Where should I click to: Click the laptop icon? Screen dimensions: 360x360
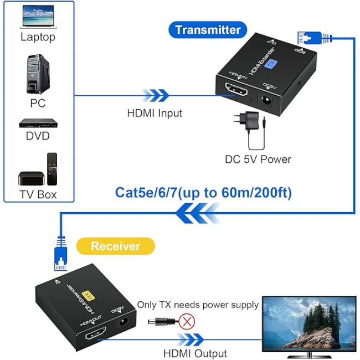coord(38,17)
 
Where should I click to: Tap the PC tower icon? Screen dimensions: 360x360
coord(37,73)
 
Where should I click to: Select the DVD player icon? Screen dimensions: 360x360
coord(38,123)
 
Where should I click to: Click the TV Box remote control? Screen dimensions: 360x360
coord(52,168)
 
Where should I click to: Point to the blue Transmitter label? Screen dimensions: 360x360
coord(208,30)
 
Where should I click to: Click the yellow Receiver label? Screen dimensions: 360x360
coord(115,246)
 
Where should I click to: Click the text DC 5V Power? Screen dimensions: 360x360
coord(258,160)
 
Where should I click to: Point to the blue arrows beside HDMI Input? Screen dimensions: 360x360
coord(155,95)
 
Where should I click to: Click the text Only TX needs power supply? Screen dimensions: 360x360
coord(198,305)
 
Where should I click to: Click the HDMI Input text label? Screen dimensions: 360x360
coord(155,113)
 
